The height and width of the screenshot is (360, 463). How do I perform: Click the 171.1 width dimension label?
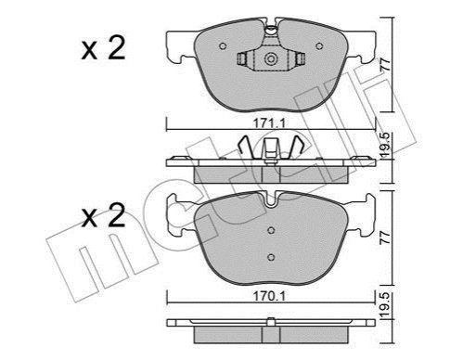(269, 123)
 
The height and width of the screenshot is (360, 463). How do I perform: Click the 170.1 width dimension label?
(269, 297)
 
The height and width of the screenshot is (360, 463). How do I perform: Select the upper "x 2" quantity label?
(103, 48)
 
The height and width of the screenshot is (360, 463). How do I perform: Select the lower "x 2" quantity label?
(103, 215)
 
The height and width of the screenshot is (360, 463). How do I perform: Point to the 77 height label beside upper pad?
(386, 65)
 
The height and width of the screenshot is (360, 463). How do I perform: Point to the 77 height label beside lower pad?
(386, 238)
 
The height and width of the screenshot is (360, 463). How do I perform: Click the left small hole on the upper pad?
(223, 46)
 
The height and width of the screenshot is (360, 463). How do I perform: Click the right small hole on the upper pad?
(319, 46)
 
